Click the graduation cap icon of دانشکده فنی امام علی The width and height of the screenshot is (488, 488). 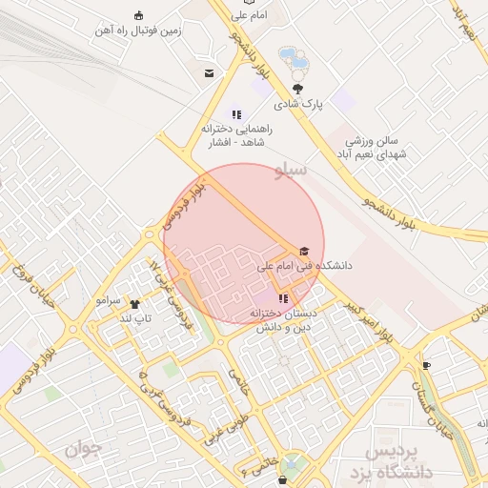click(304, 252)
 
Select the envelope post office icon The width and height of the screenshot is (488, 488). click(209, 73)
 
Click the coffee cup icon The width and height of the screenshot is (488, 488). click(426, 366)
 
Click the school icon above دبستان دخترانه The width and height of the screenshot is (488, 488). click(283, 299)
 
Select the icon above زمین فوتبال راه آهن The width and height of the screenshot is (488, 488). click(139, 15)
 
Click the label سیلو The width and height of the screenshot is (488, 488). click(291, 171)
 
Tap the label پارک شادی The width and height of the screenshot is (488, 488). click(300, 103)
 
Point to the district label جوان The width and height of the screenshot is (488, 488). click(83, 447)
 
